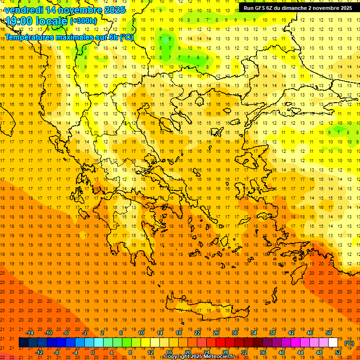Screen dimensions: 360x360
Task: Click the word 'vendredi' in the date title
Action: tap(23, 10)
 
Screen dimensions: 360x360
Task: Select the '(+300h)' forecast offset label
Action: tap(83, 21)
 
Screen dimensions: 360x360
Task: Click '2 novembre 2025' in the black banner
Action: tap(328, 8)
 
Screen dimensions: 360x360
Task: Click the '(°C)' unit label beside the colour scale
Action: tap(349, 343)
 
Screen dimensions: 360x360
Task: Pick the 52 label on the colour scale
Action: tap(338, 352)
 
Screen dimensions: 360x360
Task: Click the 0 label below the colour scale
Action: tap(92, 352)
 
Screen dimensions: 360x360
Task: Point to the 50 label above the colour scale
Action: tap(329, 333)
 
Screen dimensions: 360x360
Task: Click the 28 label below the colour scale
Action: tap(225, 352)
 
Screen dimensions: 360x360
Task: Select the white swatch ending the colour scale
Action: tap(333, 343)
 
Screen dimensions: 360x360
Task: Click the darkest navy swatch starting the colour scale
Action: tap(23, 343)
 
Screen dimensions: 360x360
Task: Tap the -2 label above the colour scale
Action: tap(85, 333)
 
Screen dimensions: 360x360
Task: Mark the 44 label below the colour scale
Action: tap(300, 352)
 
